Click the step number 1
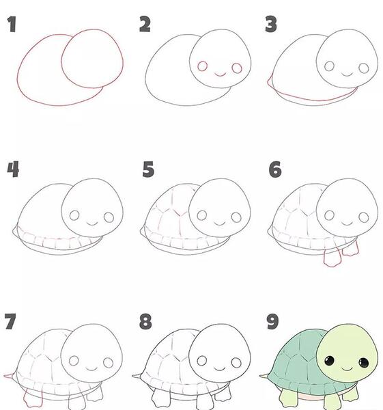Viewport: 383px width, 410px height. pos(12,25)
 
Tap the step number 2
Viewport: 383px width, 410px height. pos(145,24)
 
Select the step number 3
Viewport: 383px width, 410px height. pos(271,24)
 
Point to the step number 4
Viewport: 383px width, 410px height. pos(13,169)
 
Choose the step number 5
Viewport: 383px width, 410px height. pos(148,169)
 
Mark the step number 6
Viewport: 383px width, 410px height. pos(275,169)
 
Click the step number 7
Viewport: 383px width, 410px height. pos(10,321)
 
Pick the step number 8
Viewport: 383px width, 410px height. pos(145,321)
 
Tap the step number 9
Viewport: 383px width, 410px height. pos(272,321)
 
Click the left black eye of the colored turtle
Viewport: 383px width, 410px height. pos(329,361)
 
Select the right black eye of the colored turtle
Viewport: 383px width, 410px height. pos(364,362)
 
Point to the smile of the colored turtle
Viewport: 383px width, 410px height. pos(347,370)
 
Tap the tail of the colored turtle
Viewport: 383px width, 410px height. pos(264,376)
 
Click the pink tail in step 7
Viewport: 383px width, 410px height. pos(9,376)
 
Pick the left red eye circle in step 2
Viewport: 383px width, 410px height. pos(203,66)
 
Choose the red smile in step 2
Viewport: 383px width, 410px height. pos(220,74)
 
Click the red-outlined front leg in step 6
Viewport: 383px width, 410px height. pos(332,258)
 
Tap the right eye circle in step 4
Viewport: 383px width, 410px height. pos(109,217)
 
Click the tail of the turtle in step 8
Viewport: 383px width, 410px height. pos(137,377)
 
